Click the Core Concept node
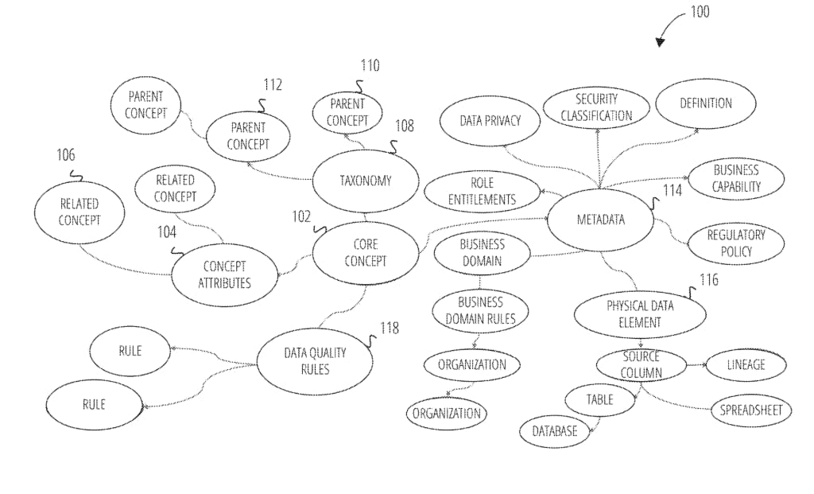coord(366,253)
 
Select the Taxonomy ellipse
coord(366,181)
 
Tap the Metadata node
coord(601,220)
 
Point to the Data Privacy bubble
coord(490,121)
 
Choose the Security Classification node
coord(596,108)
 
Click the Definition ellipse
coord(706,103)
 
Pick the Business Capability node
coord(736,179)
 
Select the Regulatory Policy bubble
coord(736,243)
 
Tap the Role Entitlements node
coord(483,191)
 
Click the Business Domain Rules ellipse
coord(481,310)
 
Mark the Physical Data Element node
coord(640,314)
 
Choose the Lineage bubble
coord(746,364)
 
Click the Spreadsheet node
coord(751,410)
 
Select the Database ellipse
coord(555,430)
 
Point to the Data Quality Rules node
coord(315,361)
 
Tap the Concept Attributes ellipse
coord(224,274)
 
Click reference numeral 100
coord(700,11)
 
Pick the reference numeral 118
coord(390,328)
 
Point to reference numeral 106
coord(66,155)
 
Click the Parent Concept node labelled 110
coord(347,112)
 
